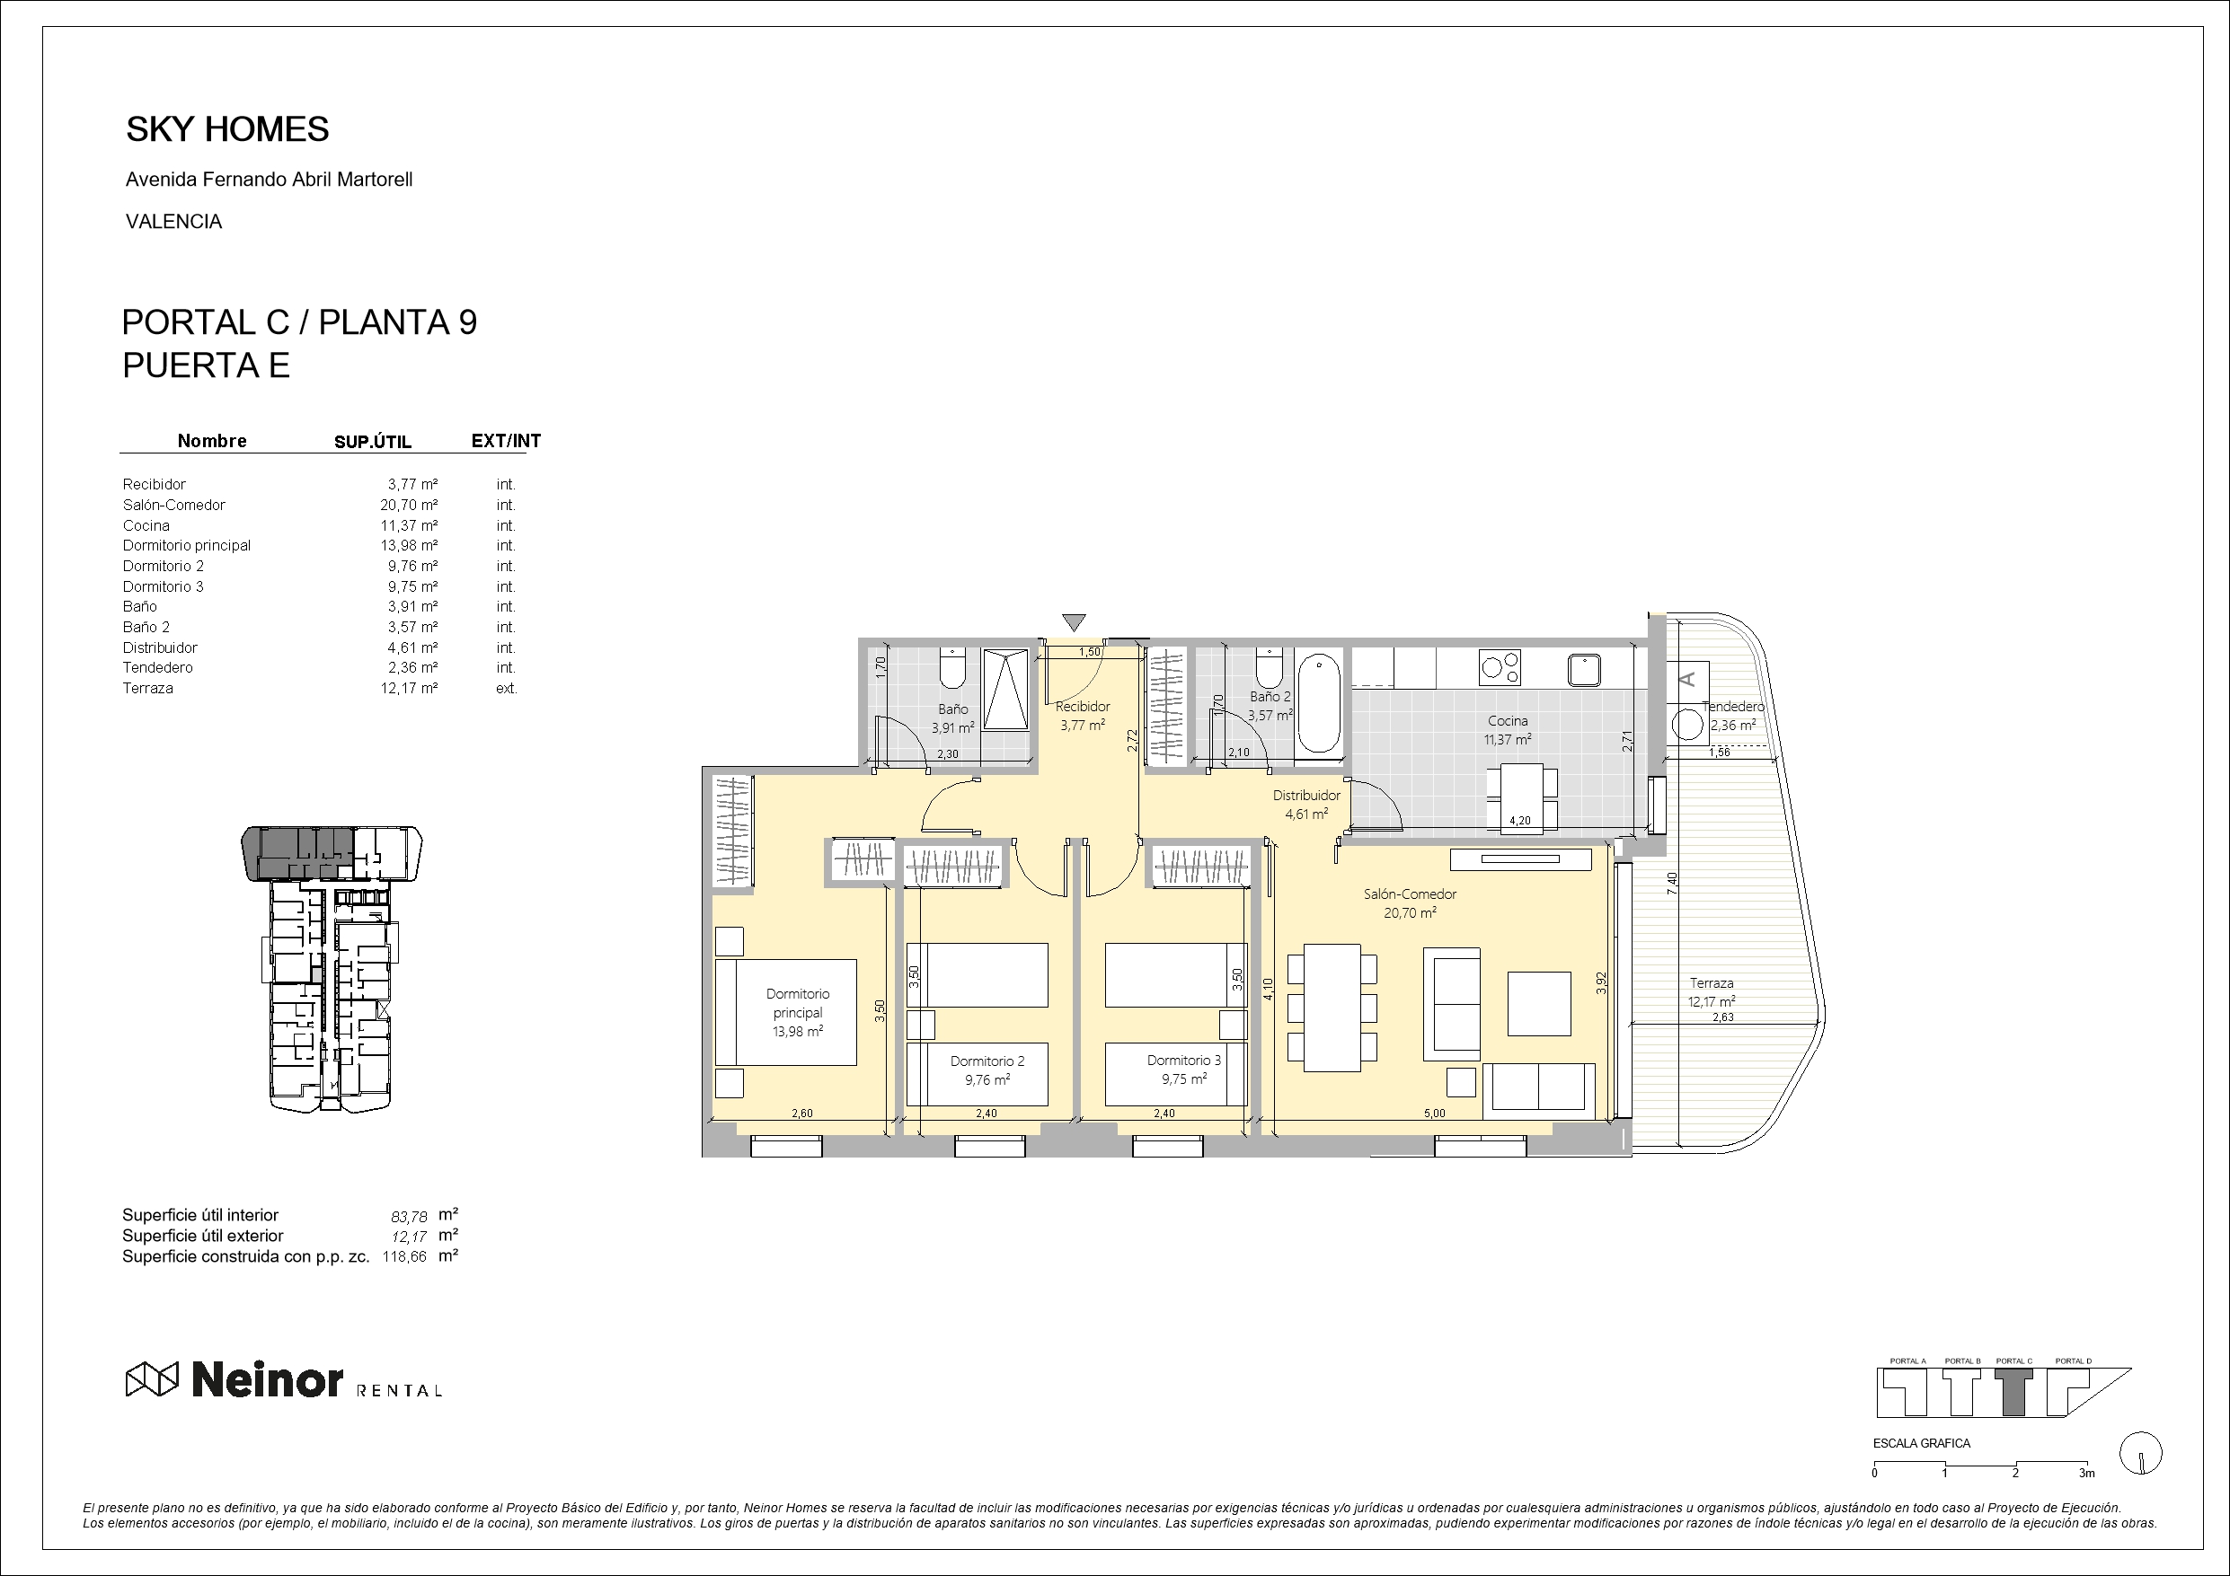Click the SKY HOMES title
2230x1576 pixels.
pos(227,129)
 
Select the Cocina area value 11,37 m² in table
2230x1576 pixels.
pos(408,525)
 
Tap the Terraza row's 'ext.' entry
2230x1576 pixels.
pos(505,689)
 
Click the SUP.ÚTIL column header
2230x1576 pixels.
pos(372,442)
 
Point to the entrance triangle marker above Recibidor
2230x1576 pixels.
pos(1074,621)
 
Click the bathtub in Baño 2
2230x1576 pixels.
pos(1319,702)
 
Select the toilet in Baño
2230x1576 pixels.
pos(951,669)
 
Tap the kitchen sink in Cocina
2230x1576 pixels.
pos(1584,669)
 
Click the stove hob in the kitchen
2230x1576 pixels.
pos(1500,667)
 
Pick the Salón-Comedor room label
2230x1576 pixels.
pos(1410,894)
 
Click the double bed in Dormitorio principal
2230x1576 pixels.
pos(787,1012)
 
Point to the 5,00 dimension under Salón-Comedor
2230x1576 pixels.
pos(1434,1114)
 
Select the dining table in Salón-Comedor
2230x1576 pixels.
pos(1332,1007)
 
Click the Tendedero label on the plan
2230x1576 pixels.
pos(1733,707)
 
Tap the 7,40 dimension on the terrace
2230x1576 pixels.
pos(1671,883)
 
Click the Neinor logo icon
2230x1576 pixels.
pos(153,1378)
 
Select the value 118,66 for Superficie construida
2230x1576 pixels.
pos(404,1256)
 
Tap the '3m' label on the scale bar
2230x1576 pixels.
pos(2086,1473)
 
